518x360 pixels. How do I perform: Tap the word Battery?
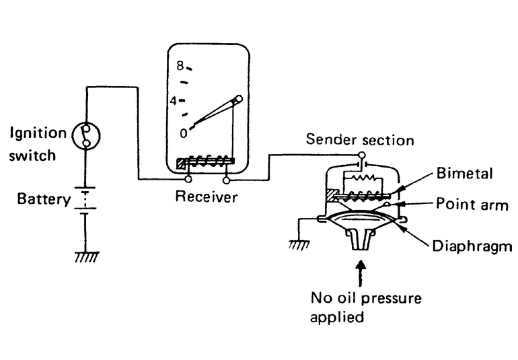[x=44, y=199]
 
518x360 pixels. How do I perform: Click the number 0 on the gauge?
[x=183, y=133]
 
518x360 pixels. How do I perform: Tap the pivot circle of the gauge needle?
[x=237, y=100]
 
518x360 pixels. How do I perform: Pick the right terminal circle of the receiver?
[x=226, y=180]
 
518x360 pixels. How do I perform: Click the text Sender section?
[x=360, y=140]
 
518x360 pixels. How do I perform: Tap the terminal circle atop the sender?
[x=362, y=156]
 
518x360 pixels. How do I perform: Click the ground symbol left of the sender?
[x=299, y=244]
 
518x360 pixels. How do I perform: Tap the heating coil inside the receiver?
[x=209, y=162]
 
